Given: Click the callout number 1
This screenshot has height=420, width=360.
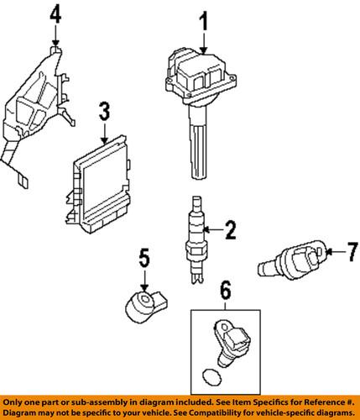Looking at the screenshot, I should [202, 19].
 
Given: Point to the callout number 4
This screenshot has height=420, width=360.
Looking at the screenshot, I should [55, 13].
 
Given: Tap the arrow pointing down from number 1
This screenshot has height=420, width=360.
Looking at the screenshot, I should [202, 42].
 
